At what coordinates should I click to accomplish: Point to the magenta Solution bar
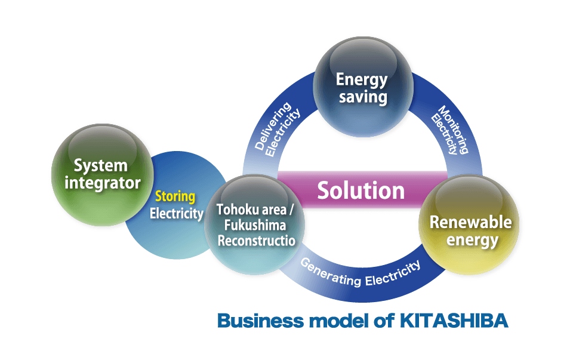[x=361, y=190]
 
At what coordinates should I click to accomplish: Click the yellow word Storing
[x=175, y=196]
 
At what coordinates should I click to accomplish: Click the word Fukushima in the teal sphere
[x=251, y=226]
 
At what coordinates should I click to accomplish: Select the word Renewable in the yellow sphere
[x=470, y=222]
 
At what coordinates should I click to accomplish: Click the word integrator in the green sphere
[x=102, y=183]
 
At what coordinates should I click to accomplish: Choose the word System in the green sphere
[x=100, y=165]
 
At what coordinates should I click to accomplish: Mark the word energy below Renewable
[x=472, y=240]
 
